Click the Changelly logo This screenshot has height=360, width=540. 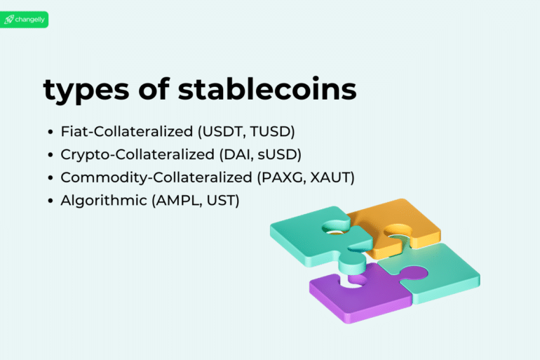point(25,20)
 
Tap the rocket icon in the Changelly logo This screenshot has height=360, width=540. point(9,20)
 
